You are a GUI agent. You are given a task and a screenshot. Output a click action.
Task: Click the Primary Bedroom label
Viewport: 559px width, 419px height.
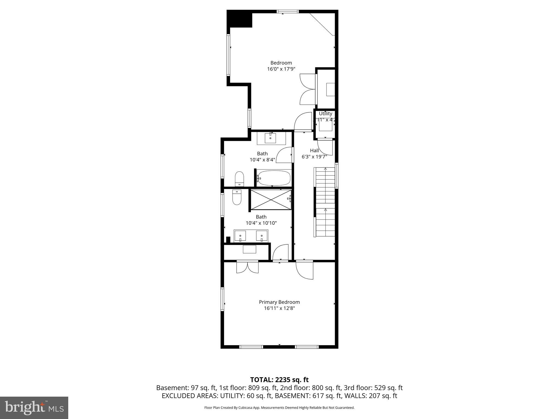pyautogui.click(x=279, y=302)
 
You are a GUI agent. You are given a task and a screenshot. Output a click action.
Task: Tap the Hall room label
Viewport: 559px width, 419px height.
pyautogui.click(x=314, y=151)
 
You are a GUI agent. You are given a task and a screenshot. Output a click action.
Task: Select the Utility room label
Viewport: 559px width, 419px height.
pyautogui.click(x=325, y=113)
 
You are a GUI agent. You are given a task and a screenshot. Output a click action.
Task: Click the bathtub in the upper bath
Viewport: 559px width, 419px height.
pyautogui.click(x=274, y=178)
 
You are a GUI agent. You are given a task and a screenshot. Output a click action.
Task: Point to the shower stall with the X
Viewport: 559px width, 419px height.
pyautogui.click(x=271, y=200)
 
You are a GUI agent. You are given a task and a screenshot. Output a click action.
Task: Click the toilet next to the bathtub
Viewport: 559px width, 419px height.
pyautogui.click(x=239, y=179)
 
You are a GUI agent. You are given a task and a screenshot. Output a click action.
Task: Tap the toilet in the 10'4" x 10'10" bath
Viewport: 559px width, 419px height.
pyautogui.click(x=237, y=197)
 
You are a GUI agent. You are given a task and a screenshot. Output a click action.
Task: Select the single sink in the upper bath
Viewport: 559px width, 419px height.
pyautogui.click(x=271, y=138)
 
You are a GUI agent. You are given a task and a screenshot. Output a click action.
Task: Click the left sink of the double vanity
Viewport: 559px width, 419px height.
pyautogui.click(x=240, y=236)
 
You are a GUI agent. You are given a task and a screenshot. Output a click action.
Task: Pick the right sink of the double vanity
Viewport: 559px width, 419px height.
pyautogui.click(x=261, y=236)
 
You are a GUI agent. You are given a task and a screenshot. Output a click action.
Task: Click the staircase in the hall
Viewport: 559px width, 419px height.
pyautogui.click(x=325, y=202)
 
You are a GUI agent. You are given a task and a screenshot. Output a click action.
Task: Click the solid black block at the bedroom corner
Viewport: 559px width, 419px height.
pyautogui.click(x=239, y=19)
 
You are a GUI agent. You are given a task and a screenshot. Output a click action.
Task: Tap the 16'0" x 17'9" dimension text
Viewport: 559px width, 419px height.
pyautogui.click(x=281, y=69)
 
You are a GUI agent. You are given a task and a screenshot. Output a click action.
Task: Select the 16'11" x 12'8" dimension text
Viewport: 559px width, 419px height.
pyautogui.click(x=279, y=308)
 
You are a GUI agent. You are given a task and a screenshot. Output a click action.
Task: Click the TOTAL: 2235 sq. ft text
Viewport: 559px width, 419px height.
pyautogui.click(x=279, y=380)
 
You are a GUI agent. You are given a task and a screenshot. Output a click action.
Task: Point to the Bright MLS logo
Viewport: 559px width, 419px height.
pyautogui.click(x=34, y=408)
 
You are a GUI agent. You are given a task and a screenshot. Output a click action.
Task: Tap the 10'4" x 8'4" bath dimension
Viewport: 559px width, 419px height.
pyautogui.click(x=262, y=160)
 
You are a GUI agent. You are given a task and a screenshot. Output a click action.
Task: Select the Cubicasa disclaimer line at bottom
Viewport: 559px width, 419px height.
pyautogui.click(x=279, y=408)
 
